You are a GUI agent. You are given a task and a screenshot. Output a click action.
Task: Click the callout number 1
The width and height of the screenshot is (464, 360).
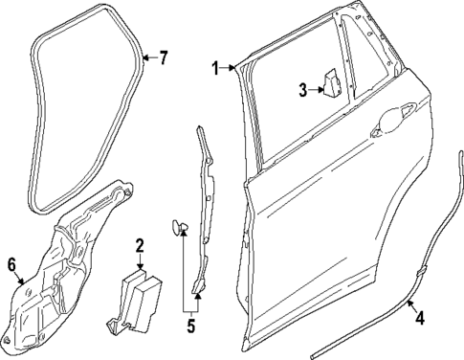click(x=217, y=67)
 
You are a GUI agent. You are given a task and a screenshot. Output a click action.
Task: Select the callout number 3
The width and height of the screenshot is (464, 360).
click(x=301, y=90)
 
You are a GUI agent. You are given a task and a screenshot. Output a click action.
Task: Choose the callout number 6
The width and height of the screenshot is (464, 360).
click(x=11, y=263)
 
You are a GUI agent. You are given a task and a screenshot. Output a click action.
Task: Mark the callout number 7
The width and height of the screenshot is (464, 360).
click(x=163, y=59)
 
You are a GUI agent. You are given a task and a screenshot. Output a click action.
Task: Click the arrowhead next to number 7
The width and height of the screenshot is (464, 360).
click(x=145, y=59)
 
